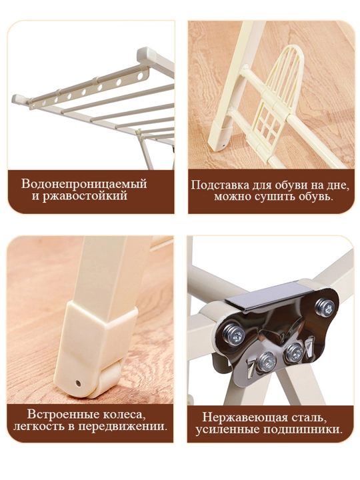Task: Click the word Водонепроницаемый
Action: (84, 184)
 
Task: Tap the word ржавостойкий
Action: (84, 196)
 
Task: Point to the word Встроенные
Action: (63, 415)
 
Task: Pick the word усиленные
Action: (227, 429)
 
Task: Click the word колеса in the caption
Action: (123, 415)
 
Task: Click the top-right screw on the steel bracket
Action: (326, 307)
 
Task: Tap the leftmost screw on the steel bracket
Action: (234, 335)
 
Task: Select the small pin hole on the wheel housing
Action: (79, 383)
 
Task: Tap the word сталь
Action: (310, 417)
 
